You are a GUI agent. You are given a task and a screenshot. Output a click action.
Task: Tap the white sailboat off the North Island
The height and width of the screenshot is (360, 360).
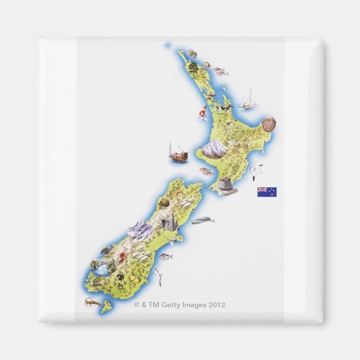[248, 101]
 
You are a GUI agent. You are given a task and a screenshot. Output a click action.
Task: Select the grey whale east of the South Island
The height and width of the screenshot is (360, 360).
[202, 221]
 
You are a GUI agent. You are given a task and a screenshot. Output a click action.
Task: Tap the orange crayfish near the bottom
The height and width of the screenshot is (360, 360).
[93, 302]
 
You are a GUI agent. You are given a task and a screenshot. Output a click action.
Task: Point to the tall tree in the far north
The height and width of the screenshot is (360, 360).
[193, 67]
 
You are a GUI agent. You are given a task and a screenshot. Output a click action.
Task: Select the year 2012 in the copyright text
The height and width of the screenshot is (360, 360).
[217, 305]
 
